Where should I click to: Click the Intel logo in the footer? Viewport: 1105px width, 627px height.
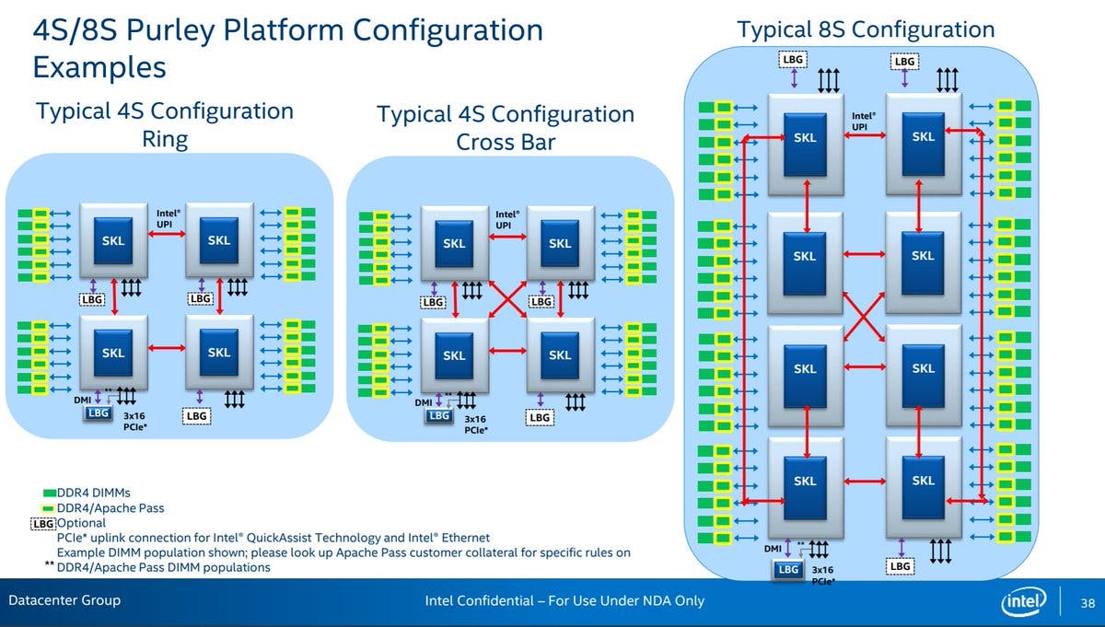pyautogui.click(x=1024, y=602)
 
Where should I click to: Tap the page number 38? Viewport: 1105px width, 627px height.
pyautogui.click(x=1087, y=602)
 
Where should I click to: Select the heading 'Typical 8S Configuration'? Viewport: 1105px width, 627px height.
pyautogui.click(x=866, y=29)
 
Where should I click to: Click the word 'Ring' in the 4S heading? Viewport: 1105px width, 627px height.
pyautogui.click(x=165, y=139)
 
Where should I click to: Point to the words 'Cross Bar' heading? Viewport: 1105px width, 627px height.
pyautogui.click(x=506, y=143)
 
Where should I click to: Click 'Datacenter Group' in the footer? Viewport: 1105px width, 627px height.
pyautogui.click(x=64, y=601)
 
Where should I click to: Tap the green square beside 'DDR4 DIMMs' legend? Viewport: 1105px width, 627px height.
pyautogui.click(x=49, y=493)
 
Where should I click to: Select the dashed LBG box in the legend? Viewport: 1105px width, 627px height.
pyautogui.click(x=43, y=523)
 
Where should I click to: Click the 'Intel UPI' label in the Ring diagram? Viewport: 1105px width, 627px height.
pyautogui.click(x=168, y=218)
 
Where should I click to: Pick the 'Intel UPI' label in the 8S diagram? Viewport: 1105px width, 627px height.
pyautogui.click(x=863, y=121)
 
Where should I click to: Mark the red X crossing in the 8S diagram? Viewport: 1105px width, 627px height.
pyautogui.click(x=864, y=313)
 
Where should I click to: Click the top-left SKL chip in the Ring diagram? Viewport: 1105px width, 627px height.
pyautogui.click(x=113, y=240)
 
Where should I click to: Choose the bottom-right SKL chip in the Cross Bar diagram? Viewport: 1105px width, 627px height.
pyautogui.click(x=560, y=355)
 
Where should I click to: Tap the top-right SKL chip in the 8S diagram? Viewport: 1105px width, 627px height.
pyautogui.click(x=923, y=137)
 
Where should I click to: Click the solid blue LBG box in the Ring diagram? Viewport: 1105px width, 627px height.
pyautogui.click(x=99, y=413)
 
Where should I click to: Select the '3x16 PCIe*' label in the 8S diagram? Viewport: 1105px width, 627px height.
pyautogui.click(x=823, y=575)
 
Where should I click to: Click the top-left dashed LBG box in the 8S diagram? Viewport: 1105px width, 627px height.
pyautogui.click(x=792, y=60)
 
